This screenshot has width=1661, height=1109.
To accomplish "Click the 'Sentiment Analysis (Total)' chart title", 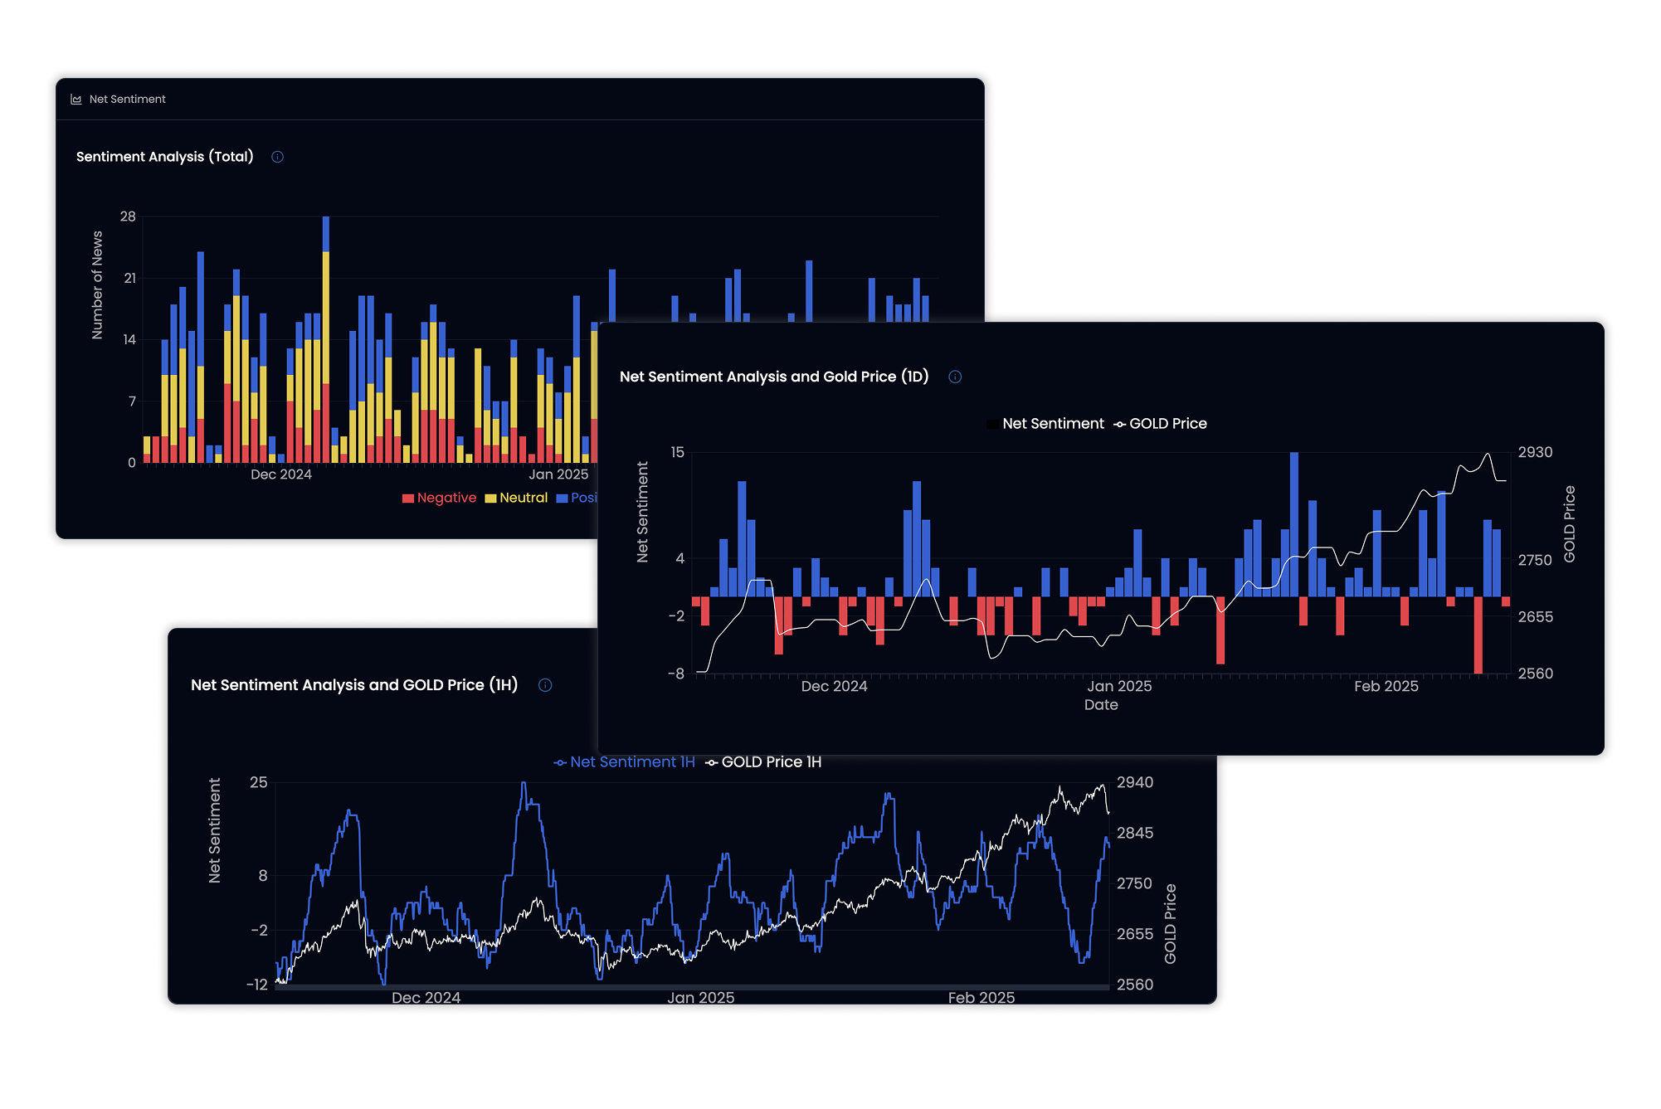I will coord(164,157).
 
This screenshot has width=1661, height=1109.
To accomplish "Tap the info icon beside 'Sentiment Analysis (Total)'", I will coord(278,157).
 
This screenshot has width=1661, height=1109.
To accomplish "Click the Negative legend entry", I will coord(439,498).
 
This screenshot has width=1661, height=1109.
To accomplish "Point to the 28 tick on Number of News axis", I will coord(128,216).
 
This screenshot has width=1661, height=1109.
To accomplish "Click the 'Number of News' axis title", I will coord(97,285).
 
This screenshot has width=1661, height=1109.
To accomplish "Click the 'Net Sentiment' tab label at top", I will coord(127,99).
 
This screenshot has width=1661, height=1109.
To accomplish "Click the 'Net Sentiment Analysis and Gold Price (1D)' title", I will coord(773,377).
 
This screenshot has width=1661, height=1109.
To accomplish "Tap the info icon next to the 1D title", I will coord(955,377).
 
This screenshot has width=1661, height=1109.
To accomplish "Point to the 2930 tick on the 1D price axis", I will coord(1535,452).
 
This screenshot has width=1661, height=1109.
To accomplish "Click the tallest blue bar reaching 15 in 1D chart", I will coord(1294,523).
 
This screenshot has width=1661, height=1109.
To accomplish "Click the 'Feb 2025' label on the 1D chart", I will coord(1386,686).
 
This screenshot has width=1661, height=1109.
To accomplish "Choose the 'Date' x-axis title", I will coord(1101,705).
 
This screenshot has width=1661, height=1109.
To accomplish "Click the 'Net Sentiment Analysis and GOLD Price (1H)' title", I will coord(353,685).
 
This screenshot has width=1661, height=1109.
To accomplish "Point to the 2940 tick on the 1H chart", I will coord(1134,782).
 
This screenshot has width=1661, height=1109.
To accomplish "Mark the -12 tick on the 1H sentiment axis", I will coord(257,985).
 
